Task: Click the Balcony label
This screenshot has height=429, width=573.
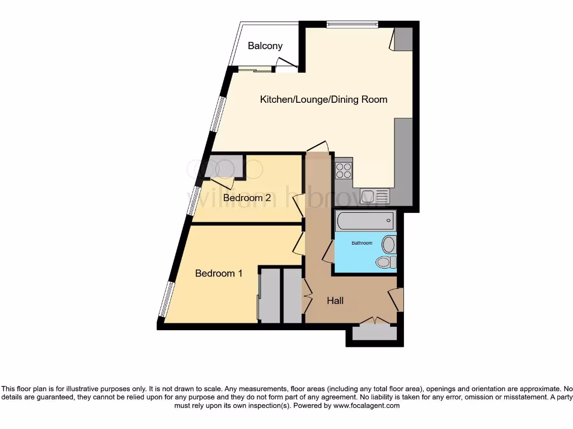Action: [265, 46]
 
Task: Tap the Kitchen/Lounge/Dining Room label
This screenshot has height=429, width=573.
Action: [323, 99]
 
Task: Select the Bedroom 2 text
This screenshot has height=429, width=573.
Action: [247, 198]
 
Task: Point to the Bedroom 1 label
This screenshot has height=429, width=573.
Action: [219, 273]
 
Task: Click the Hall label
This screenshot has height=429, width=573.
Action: [335, 301]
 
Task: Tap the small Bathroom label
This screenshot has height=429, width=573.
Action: [361, 243]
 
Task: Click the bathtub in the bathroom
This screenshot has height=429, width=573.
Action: [365, 221]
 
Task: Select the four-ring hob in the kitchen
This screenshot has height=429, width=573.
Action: [343, 170]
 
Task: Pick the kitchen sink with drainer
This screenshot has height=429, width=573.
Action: [375, 196]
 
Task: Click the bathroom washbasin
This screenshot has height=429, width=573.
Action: [388, 244]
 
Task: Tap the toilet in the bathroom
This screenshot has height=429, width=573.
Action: [386, 262]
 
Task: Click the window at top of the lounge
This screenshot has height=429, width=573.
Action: [352, 24]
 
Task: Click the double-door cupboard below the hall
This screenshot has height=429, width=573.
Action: [374, 333]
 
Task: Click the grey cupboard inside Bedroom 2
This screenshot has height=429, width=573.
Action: [223, 167]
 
